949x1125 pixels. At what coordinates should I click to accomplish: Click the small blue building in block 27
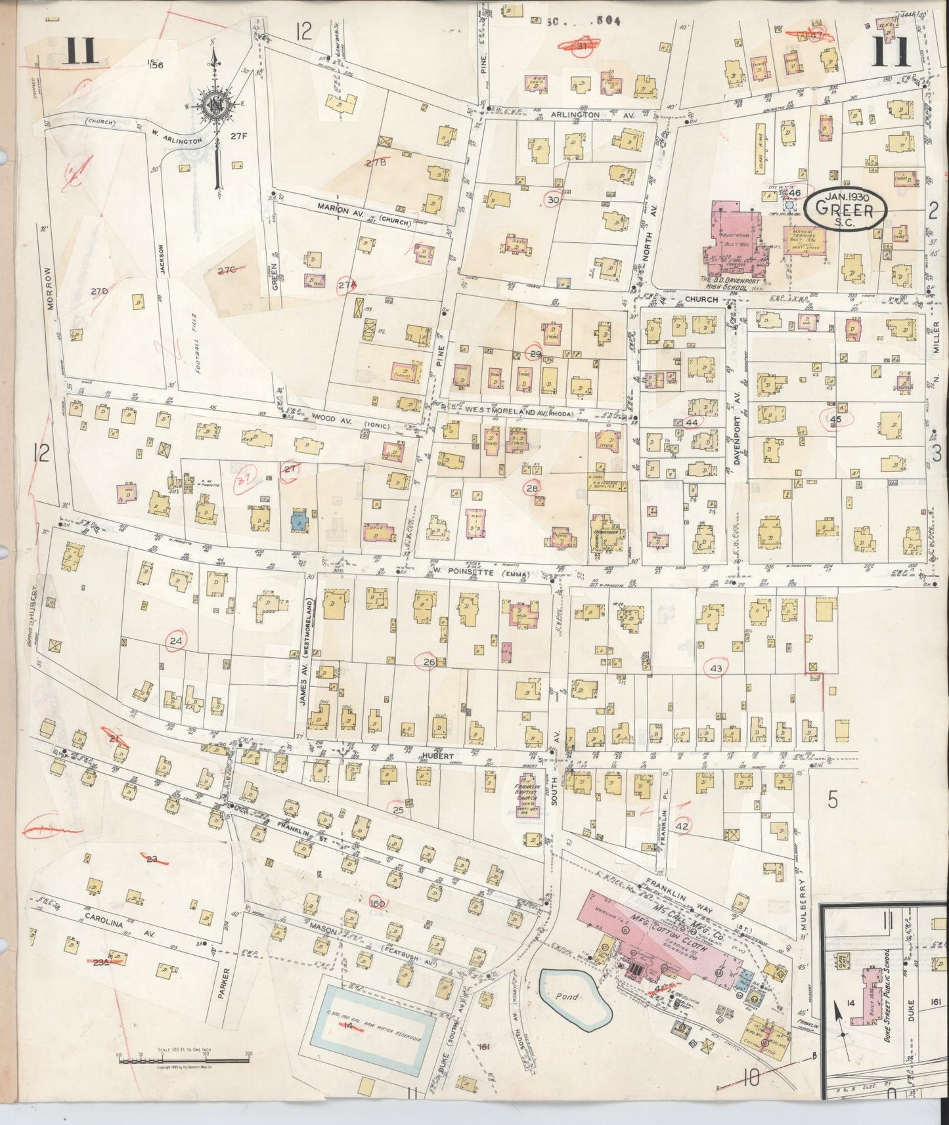pos(299,519)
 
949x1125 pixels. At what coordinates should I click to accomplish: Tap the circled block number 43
pos(715,668)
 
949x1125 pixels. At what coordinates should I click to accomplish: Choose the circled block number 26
pos(429,662)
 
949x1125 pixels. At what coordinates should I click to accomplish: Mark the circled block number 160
pos(377,903)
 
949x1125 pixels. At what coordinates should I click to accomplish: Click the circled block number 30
pos(553,200)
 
